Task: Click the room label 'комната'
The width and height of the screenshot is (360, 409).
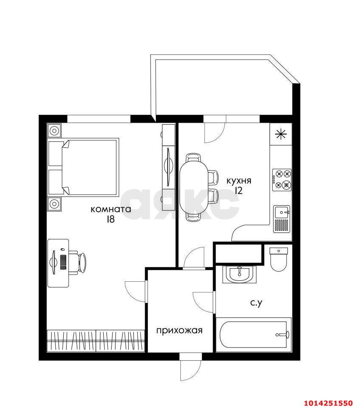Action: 111,209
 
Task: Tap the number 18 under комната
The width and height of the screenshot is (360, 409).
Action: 111,219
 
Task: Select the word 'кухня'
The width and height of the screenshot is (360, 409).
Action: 239,181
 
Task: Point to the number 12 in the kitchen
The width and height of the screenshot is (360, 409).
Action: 239,190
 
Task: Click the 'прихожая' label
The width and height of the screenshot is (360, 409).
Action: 179,331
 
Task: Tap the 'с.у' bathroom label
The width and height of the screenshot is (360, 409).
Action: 256,303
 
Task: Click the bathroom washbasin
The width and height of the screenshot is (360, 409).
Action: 239,275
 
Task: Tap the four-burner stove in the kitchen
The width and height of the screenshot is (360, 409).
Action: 282,180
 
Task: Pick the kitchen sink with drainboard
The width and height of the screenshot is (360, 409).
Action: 282,219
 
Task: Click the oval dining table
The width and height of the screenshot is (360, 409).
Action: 194,187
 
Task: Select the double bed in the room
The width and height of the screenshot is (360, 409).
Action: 83,167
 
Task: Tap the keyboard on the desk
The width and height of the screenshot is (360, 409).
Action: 63,262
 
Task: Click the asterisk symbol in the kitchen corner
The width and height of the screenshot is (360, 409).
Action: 281,134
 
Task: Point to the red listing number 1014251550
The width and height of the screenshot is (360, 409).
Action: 328,403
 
